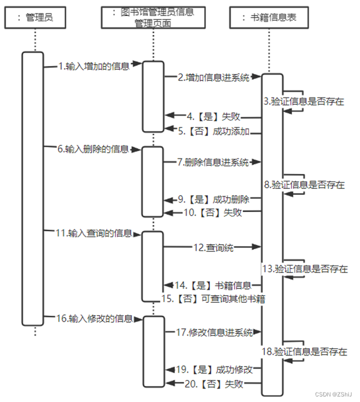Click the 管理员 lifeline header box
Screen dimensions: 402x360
[x=35, y=18]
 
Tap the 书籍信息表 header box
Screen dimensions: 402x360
[x=270, y=18]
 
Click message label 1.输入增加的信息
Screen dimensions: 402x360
[x=94, y=67]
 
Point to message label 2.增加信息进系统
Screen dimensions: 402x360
[x=214, y=78]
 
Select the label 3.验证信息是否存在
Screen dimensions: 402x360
[x=304, y=101]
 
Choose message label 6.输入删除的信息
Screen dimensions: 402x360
[x=93, y=149]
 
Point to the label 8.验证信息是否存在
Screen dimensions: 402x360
[x=304, y=185]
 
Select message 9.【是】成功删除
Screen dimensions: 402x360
[x=217, y=199]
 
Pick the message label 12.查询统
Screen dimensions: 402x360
[x=213, y=248]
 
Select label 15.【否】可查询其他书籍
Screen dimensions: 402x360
[x=213, y=300]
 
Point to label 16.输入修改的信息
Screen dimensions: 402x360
[x=95, y=318]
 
